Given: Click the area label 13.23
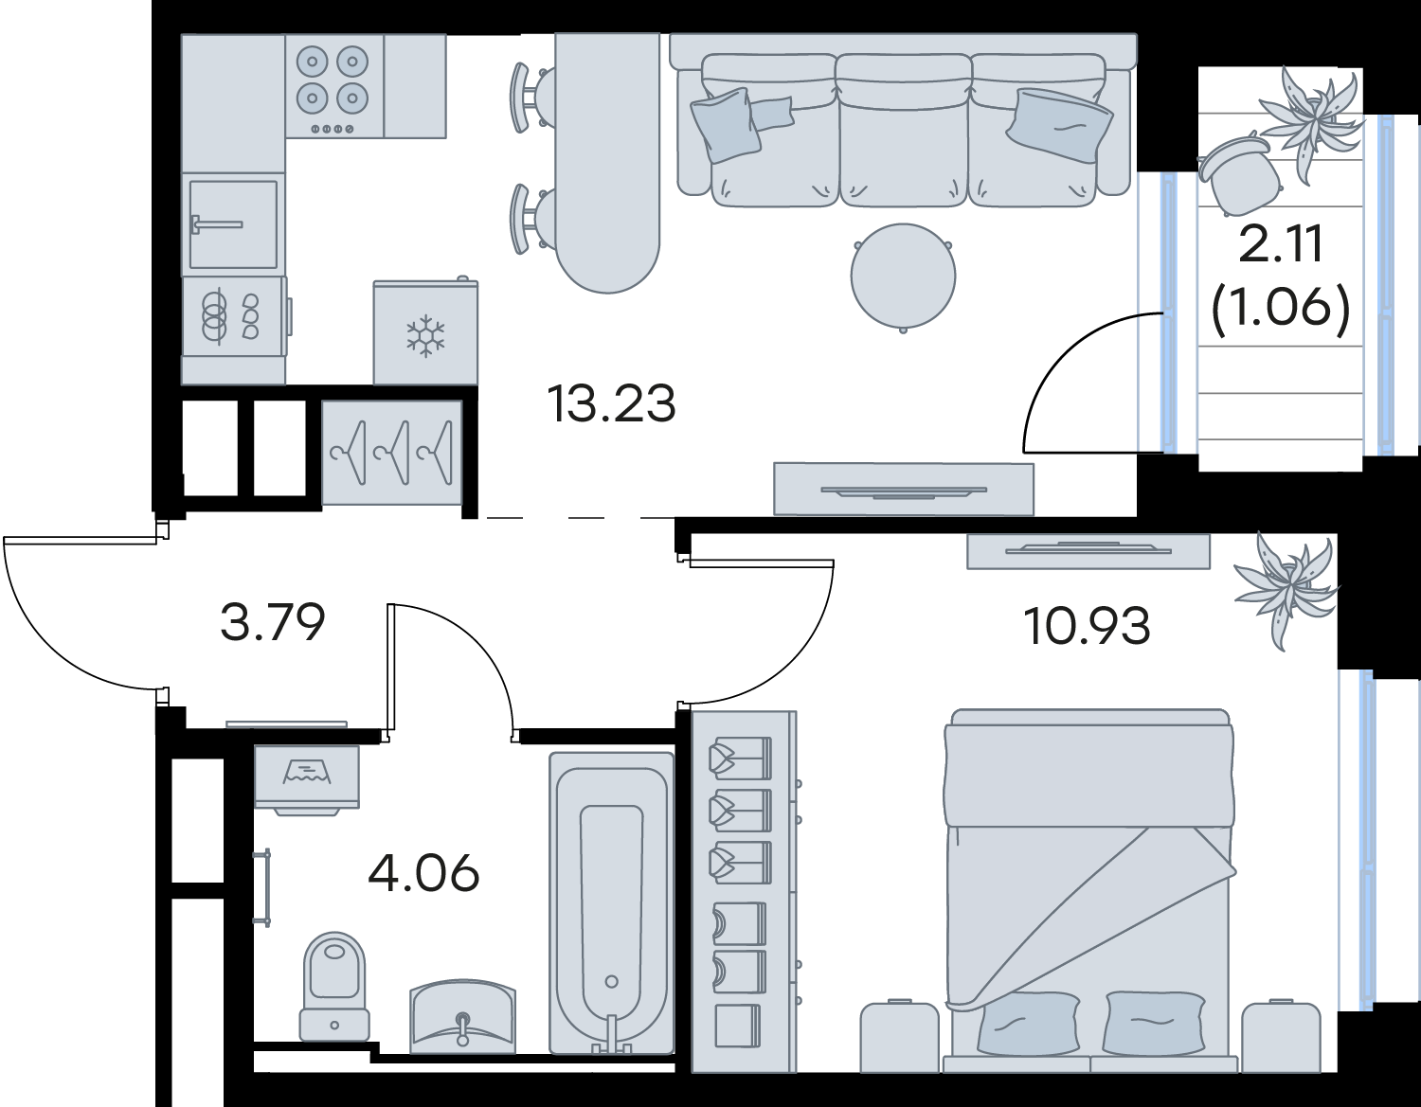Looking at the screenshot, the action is pyautogui.click(x=611, y=404).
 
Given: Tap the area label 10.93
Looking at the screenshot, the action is pyautogui.click(x=1087, y=626).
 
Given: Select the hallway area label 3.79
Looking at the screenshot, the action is pyautogui.click(x=273, y=622).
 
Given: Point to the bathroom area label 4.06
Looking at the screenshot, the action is pyautogui.click(x=423, y=874).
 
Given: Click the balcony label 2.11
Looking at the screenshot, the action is pyautogui.click(x=1281, y=243).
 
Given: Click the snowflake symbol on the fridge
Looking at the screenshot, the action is pyautogui.click(x=425, y=336).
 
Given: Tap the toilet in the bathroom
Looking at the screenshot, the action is pyautogui.click(x=334, y=986).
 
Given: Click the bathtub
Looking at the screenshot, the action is pyautogui.click(x=611, y=902).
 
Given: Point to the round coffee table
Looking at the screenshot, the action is pyautogui.click(x=903, y=277).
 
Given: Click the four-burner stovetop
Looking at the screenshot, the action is pyautogui.click(x=333, y=86).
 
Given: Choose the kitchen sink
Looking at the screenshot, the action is pyautogui.click(x=233, y=224).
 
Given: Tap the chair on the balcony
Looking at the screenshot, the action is pyautogui.click(x=1238, y=172).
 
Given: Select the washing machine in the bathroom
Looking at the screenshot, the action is pyautogui.click(x=307, y=779).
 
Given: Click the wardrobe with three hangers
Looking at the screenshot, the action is pyautogui.click(x=391, y=453).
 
